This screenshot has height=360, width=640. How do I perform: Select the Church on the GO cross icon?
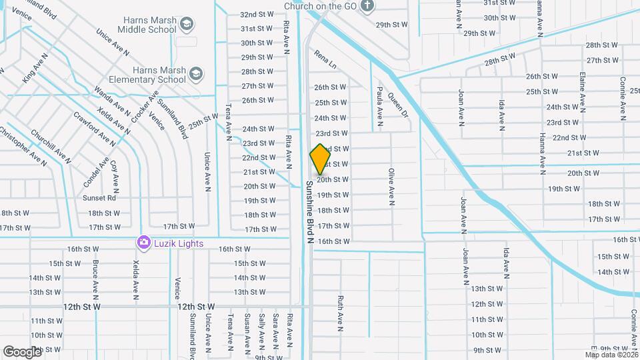pos(367,7)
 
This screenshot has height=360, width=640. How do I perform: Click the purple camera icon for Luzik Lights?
pos(143,243)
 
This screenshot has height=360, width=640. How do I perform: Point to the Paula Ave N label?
pos(379,105)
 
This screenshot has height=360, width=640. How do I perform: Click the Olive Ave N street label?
pos(392,185)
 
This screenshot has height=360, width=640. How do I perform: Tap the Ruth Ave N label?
pos(340,313)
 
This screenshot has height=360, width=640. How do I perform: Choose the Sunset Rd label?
pos(99,198)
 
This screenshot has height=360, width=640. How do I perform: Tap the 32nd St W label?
pos(257,14)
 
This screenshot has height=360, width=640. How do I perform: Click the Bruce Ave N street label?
pos(96,279)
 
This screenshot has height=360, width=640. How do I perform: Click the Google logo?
pos(23,351)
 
